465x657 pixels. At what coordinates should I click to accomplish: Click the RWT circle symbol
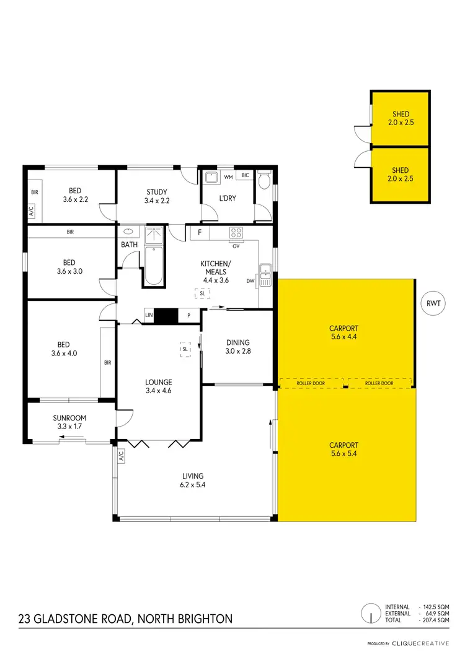pyautogui.click(x=433, y=303)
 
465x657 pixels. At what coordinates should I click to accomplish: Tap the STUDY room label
pyautogui.click(x=157, y=196)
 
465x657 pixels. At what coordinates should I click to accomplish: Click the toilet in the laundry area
pyautogui.click(x=264, y=181)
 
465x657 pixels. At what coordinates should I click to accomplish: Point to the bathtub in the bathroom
pyautogui.click(x=154, y=265)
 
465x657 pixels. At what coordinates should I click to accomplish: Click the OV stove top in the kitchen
pyautogui.click(x=236, y=233)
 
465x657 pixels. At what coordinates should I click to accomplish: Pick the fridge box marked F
pyautogui.click(x=199, y=233)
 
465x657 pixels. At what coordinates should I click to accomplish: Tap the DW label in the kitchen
pyautogui.click(x=250, y=281)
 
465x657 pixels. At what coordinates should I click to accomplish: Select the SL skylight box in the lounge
pyautogui.click(x=185, y=349)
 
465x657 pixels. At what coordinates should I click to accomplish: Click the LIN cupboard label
pyautogui.click(x=149, y=316)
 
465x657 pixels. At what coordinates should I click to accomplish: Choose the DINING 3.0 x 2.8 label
pyautogui.click(x=238, y=347)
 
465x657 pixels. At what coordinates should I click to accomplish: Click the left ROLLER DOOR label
pyautogui.click(x=311, y=383)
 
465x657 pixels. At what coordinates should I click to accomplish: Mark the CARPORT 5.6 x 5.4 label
pyautogui.click(x=343, y=449)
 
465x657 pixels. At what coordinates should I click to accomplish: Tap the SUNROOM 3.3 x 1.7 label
pyautogui.click(x=69, y=422)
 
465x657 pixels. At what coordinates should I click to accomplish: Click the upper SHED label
pyautogui.click(x=401, y=118)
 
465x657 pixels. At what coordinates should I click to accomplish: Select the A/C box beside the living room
pyautogui.click(x=121, y=456)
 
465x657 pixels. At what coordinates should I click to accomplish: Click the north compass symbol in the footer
pyautogui.click(x=370, y=614)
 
